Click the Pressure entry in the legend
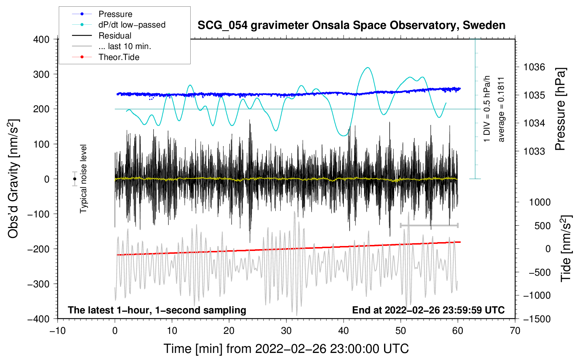pyautogui.click(x=115, y=14)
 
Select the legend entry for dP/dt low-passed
pyautogui.click(x=132, y=25)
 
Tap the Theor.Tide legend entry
pyautogui.click(x=119, y=57)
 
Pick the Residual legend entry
pyautogui.click(x=115, y=36)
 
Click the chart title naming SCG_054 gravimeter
pyautogui.click(x=351, y=25)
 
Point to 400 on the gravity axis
pyautogui.click(x=41, y=40)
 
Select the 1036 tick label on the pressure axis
pyautogui.click(x=534, y=67)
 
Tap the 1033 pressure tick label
pyautogui.click(x=534, y=151)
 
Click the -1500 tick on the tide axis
pyautogui.click(x=536, y=319)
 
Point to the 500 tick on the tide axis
pyautogui.click(x=542, y=226)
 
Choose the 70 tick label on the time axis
pyautogui.click(x=515, y=331)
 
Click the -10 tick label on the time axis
pyautogui.click(x=58, y=331)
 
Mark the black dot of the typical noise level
pyautogui.click(x=74, y=179)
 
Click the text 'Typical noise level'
pyautogui.click(x=83, y=179)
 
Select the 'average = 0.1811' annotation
pyautogui.click(x=501, y=110)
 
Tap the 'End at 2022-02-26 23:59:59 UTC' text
pyautogui.click(x=428, y=310)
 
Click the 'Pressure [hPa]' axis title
pyautogui.click(x=561, y=109)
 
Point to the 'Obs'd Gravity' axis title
pyautogui.click(x=13, y=179)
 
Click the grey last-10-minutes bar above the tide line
pyautogui.click(x=429, y=225)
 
